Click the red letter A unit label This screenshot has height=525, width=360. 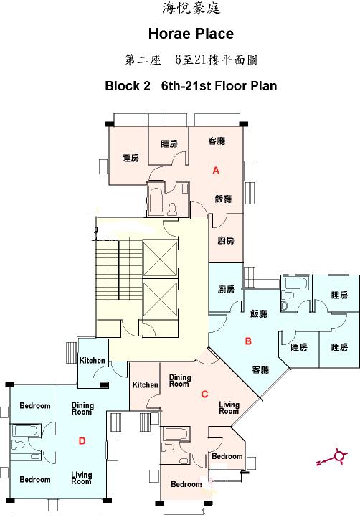click(216, 171)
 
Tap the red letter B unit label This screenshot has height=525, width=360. click(248, 341)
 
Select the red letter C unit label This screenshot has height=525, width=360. click(204, 394)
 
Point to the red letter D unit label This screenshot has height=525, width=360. click(82, 441)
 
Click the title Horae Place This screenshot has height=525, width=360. click(191, 34)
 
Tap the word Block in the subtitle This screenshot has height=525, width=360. click(123, 86)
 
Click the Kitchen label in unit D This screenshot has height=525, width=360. click(92, 361)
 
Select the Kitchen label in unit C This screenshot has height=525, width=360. click(146, 384)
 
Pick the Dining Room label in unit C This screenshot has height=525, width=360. click(180, 380)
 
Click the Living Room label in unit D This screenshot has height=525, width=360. click(81, 478)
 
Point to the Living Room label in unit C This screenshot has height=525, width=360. click(229, 407)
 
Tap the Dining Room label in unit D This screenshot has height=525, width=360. click(82, 409)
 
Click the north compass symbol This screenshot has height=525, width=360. click(333, 457)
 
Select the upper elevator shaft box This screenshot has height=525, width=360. click(160, 259)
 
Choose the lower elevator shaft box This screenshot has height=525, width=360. click(160, 298)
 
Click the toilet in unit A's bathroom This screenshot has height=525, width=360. click(172, 209)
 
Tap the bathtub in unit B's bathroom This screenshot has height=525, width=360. click(294, 283)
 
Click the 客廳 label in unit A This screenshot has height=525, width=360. click(217, 141)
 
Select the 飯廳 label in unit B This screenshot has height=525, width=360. click(259, 313)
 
